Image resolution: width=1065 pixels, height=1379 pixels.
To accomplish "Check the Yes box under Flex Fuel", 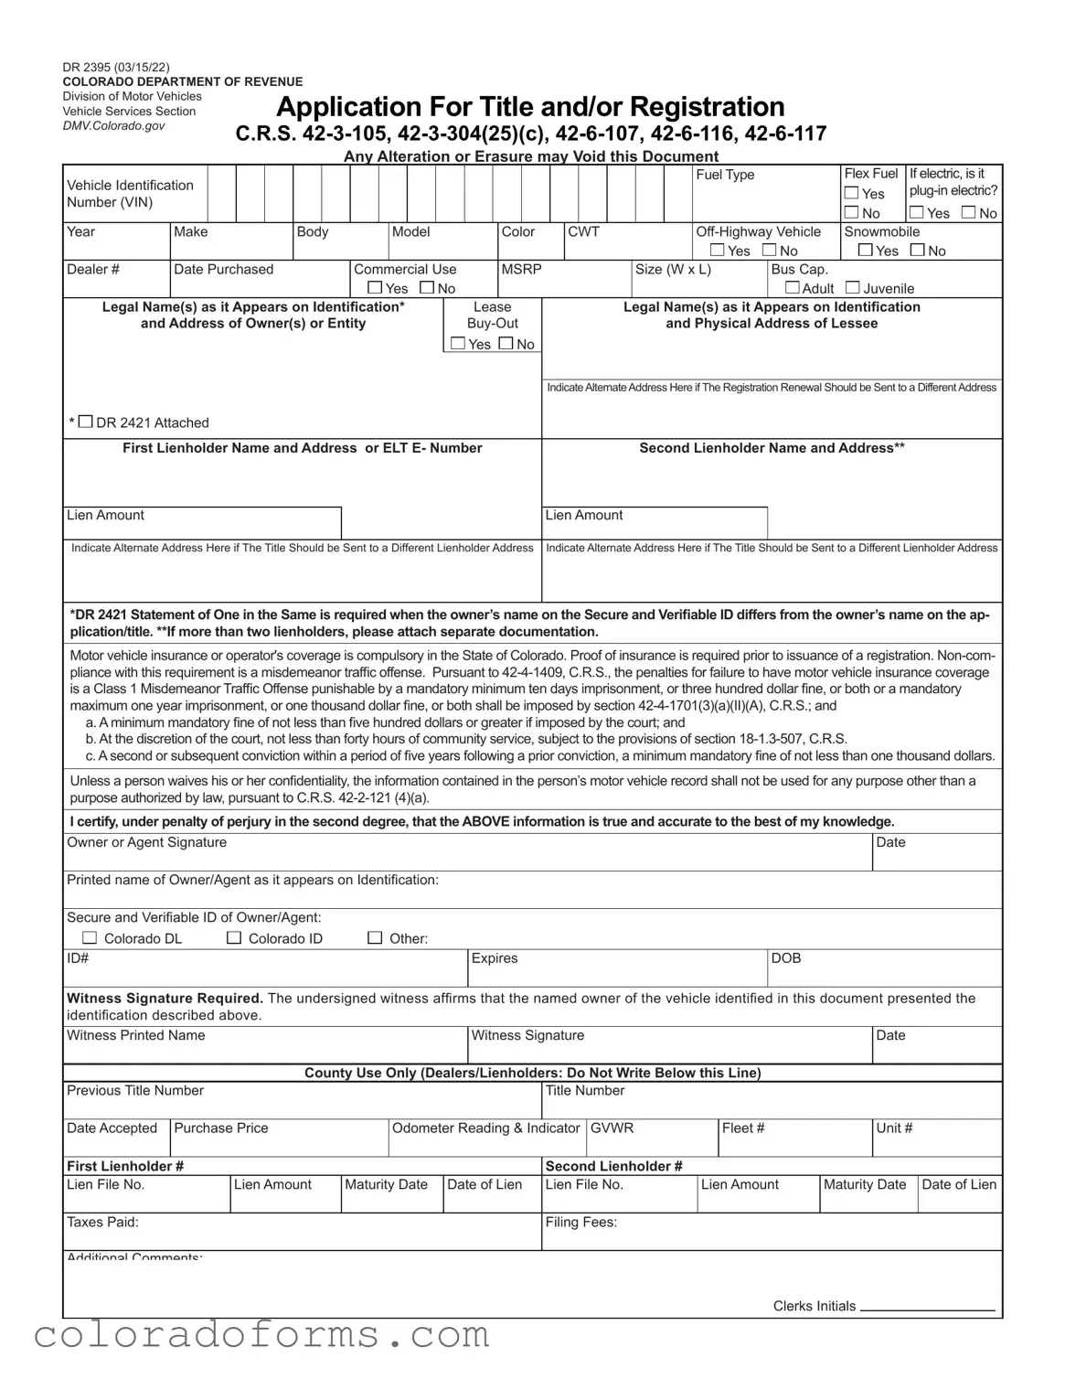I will (852, 193).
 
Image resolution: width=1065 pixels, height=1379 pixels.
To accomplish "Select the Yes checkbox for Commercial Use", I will (375, 287).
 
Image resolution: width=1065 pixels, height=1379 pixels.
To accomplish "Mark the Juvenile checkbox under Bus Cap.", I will (853, 287).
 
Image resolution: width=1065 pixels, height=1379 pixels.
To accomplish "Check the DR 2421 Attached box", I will (86, 422).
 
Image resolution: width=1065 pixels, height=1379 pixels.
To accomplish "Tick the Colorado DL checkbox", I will (90, 937).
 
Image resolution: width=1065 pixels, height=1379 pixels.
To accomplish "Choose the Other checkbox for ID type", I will (375, 937).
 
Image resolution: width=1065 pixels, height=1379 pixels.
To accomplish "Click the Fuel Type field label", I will (725, 175).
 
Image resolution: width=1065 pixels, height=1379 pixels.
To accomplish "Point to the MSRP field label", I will (521, 269).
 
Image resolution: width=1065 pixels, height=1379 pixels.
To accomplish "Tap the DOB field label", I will (786, 957).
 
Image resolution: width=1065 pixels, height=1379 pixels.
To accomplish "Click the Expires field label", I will (494, 957).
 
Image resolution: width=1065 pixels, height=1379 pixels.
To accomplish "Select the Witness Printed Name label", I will (135, 1035).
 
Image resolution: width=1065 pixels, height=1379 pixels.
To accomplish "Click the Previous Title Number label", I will (135, 1090).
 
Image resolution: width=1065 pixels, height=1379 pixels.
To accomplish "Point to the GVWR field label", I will (612, 1128).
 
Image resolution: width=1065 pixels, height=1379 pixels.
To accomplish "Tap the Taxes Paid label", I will (102, 1222).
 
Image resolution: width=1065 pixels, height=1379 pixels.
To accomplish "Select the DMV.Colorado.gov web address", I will (113, 125).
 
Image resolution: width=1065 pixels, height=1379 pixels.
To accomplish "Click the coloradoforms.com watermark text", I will (262, 1334).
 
